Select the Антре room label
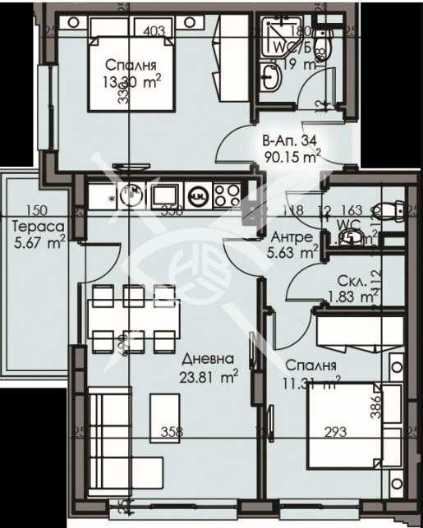point(291,237)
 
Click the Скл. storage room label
point(338,280)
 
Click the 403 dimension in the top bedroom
point(154,32)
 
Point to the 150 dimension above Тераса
point(34,210)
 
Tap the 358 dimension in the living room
point(170,431)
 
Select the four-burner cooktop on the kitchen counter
point(226,195)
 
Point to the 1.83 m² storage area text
point(344,296)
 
